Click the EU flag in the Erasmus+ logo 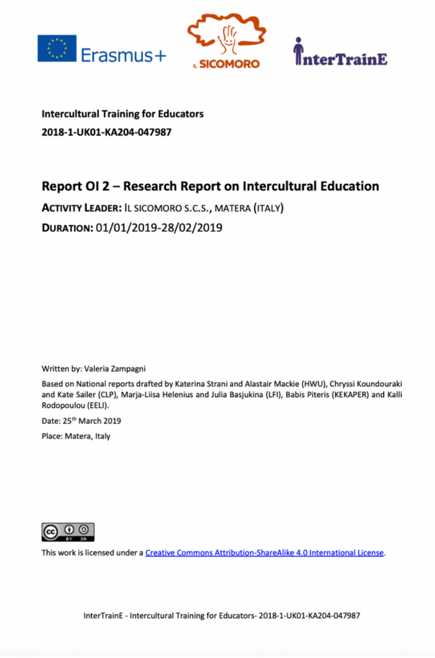[57, 48]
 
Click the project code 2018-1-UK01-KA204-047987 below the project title [106, 132]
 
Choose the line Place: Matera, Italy [76, 436]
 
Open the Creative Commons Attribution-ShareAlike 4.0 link [264, 553]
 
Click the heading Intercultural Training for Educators [122, 114]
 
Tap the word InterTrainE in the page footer [104, 616]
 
